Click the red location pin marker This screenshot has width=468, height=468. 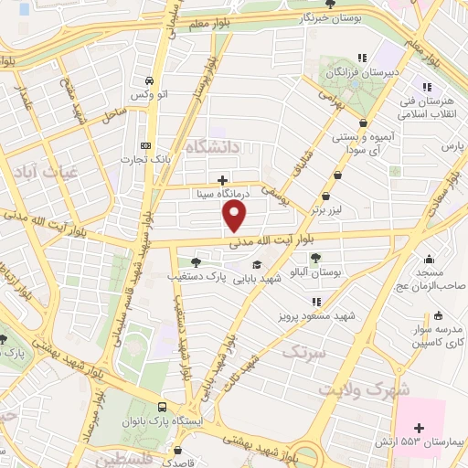[x=235, y=216]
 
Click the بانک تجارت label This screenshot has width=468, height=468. [x=145, y=160]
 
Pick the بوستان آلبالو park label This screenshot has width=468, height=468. [x=315, y=272]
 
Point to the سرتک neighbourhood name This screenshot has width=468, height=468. [x=303, y=352]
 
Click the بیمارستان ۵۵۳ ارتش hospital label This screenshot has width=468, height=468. [x=420, y=441]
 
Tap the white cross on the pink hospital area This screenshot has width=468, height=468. [x=420, y=427]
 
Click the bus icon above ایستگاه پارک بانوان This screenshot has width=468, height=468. [x=162, y=408]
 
